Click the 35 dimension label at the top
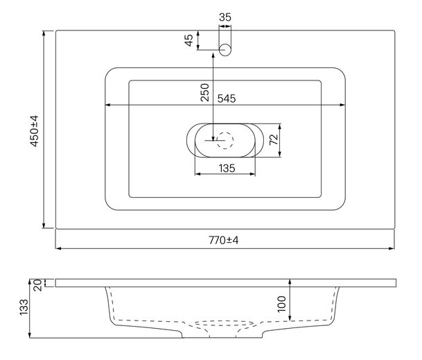pyautogui.click(x=225, y=17)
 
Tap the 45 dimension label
pyautogui.click(x=189, y=40)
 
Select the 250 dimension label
pyautogui.click(x=205, y=92)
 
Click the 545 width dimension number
pyautogui.click(x=227, y=98)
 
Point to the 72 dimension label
pyautogui.click(x=274, y=139)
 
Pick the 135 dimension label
pyautogui.click(x=227, y=169)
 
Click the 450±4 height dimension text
pyautogui.click(x=35, y=131)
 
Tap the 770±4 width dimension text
pyautogui.click(x=224, y=240)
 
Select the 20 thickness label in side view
pyautogui.click(x=38, y=285)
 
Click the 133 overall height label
pyautogui.click(x=24, y=307)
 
